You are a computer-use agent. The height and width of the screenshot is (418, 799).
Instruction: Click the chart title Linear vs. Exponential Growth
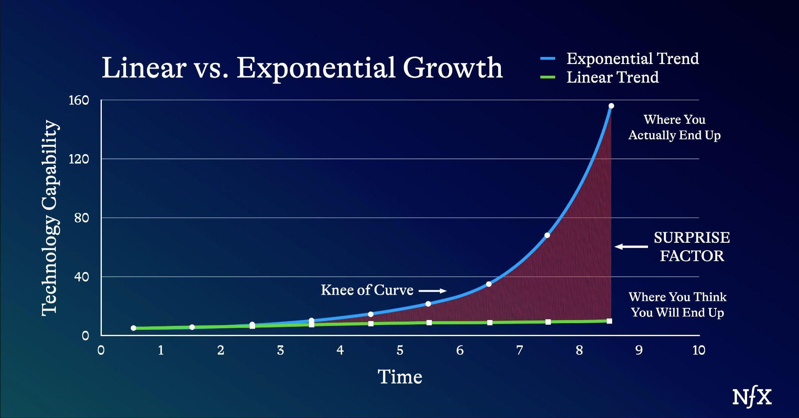tap(302, 68)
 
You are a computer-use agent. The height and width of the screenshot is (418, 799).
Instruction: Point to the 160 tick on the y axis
tap(79, 101)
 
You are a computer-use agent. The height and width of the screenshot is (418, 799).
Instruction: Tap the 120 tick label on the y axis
tap(79, 159)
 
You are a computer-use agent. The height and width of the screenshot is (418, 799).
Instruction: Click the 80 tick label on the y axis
tap(82, 218)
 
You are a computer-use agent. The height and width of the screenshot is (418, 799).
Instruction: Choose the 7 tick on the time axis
tap(519, 350)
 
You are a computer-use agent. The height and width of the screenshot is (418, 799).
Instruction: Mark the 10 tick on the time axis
tap(698, 350)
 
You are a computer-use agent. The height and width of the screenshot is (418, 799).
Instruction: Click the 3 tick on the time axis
tap(280, 350)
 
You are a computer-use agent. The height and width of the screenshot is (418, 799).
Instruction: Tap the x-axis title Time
tap(400, 377)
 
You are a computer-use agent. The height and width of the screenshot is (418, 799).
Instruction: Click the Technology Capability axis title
tap(50, 218)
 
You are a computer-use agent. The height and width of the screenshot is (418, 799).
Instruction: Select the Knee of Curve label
tap(367, 290)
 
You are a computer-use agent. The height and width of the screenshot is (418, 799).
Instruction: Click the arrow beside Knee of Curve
tap(432, 291)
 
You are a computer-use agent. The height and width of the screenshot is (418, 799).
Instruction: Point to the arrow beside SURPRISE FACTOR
tap(631, 247)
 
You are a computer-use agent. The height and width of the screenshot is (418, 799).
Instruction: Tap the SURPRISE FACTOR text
tap(692, 247)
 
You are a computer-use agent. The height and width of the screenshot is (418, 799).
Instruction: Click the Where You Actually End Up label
tap(674, 127)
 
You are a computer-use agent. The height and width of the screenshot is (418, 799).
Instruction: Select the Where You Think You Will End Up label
tap(677, 305)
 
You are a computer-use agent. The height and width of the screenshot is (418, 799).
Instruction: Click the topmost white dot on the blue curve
tap(611, 106)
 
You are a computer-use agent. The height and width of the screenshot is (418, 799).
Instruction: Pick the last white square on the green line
tap(609, 321)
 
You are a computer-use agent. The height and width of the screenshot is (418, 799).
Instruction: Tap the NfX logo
tap(752, 398)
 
